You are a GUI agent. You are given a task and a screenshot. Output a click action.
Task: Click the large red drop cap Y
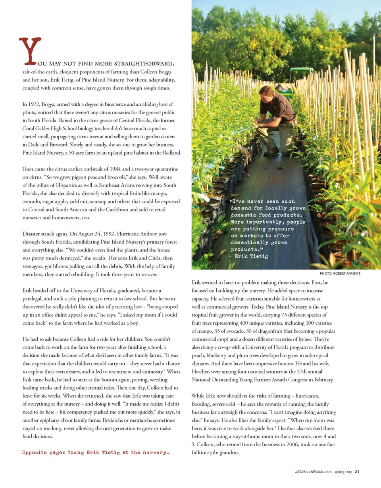coord(30,50)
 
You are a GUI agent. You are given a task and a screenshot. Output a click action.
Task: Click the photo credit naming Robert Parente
coord(340,273)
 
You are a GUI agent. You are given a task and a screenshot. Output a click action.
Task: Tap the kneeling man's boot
coord(272,151)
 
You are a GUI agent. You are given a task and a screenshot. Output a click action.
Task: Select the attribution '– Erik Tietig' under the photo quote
coord(249,256)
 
